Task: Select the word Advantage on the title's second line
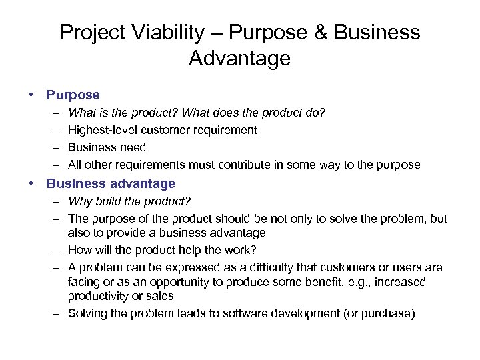(x=239, y=59)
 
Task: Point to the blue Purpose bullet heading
(x=73, y=95)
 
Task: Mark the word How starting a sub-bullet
(x=81, y=250)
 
